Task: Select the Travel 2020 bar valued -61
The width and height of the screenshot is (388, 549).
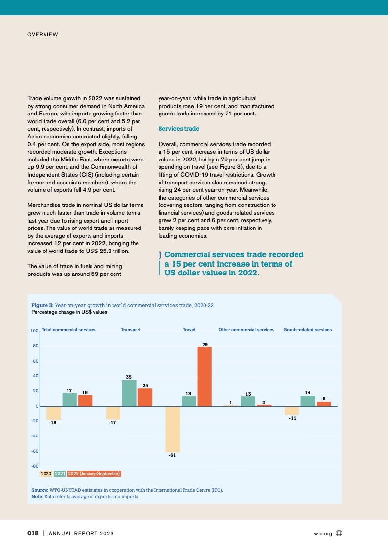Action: (x=173, y=429)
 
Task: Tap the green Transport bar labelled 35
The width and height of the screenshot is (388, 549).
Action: (x=129, y=393)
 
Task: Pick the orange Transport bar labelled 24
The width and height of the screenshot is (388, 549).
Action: (x=145, y=397)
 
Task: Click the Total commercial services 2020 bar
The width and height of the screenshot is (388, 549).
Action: (x=53, y=413)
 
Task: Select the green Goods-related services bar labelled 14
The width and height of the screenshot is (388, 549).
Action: (x=307, y=401)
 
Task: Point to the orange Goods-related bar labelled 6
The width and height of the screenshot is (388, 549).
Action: (x=323, y=404)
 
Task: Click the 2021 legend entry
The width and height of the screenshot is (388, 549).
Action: (x=60, y=474)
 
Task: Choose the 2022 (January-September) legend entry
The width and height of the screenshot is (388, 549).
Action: (x=94, y=474)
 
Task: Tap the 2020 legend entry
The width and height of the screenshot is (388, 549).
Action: (x=46, y=474)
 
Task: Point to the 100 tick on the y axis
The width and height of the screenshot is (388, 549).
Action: (x=34, y=331)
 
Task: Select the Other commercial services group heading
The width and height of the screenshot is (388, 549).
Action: (x=246, y=330)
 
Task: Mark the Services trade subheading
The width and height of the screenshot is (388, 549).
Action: (x=179, y=129)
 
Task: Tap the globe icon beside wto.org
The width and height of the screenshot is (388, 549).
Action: (x=339, y=533)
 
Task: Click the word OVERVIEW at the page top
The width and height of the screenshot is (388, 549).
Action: (x=43, y=34)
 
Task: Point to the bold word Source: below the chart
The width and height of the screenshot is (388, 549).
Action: (x=39, y=490)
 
